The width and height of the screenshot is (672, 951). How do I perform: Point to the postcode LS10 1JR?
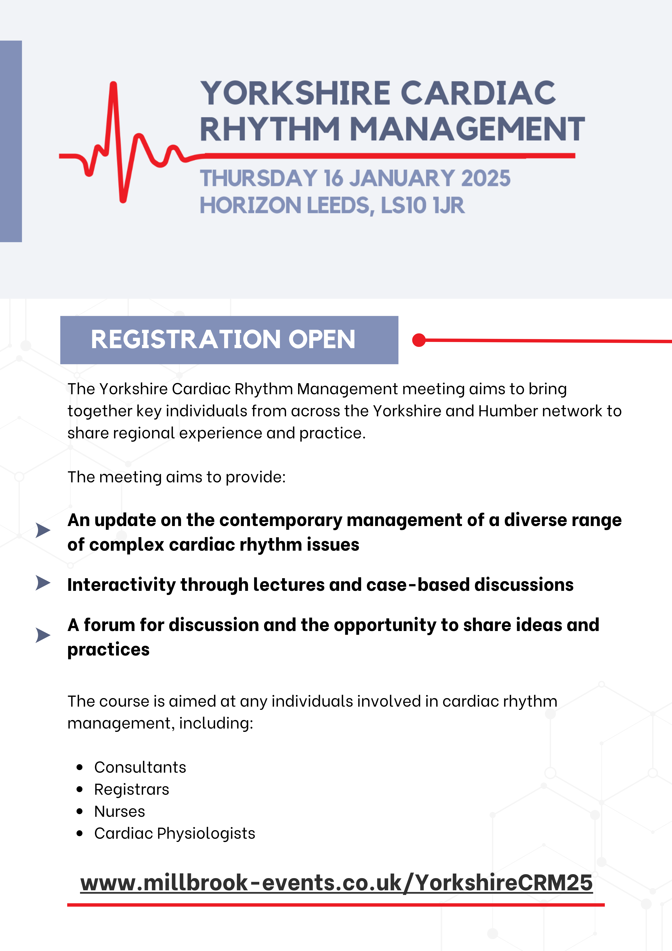(x=422, y=205)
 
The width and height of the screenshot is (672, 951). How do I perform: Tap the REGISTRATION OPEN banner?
(x=229, y=340)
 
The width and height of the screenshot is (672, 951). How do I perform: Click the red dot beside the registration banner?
(x=419, y=340)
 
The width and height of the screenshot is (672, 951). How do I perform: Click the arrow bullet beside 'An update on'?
(x=43, y=530)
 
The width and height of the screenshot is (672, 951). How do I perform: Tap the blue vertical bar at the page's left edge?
(x=11, y=141)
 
